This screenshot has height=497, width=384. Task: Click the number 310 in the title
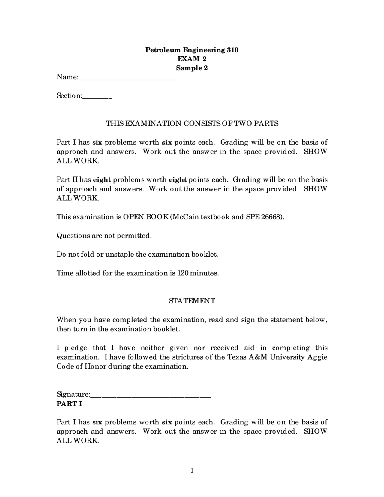tap(232, 50)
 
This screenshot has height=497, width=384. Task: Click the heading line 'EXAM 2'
tap(192, 59)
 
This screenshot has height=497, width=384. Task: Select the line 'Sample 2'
tap(192, 68)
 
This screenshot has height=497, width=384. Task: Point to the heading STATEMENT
tap(192, 301)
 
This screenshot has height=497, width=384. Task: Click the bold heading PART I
tap(69, 404)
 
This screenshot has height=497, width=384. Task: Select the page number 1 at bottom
tap(192, 471)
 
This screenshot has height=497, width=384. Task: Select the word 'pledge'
tap(76, 348)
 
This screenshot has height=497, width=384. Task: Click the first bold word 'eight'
tap(102, 180)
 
